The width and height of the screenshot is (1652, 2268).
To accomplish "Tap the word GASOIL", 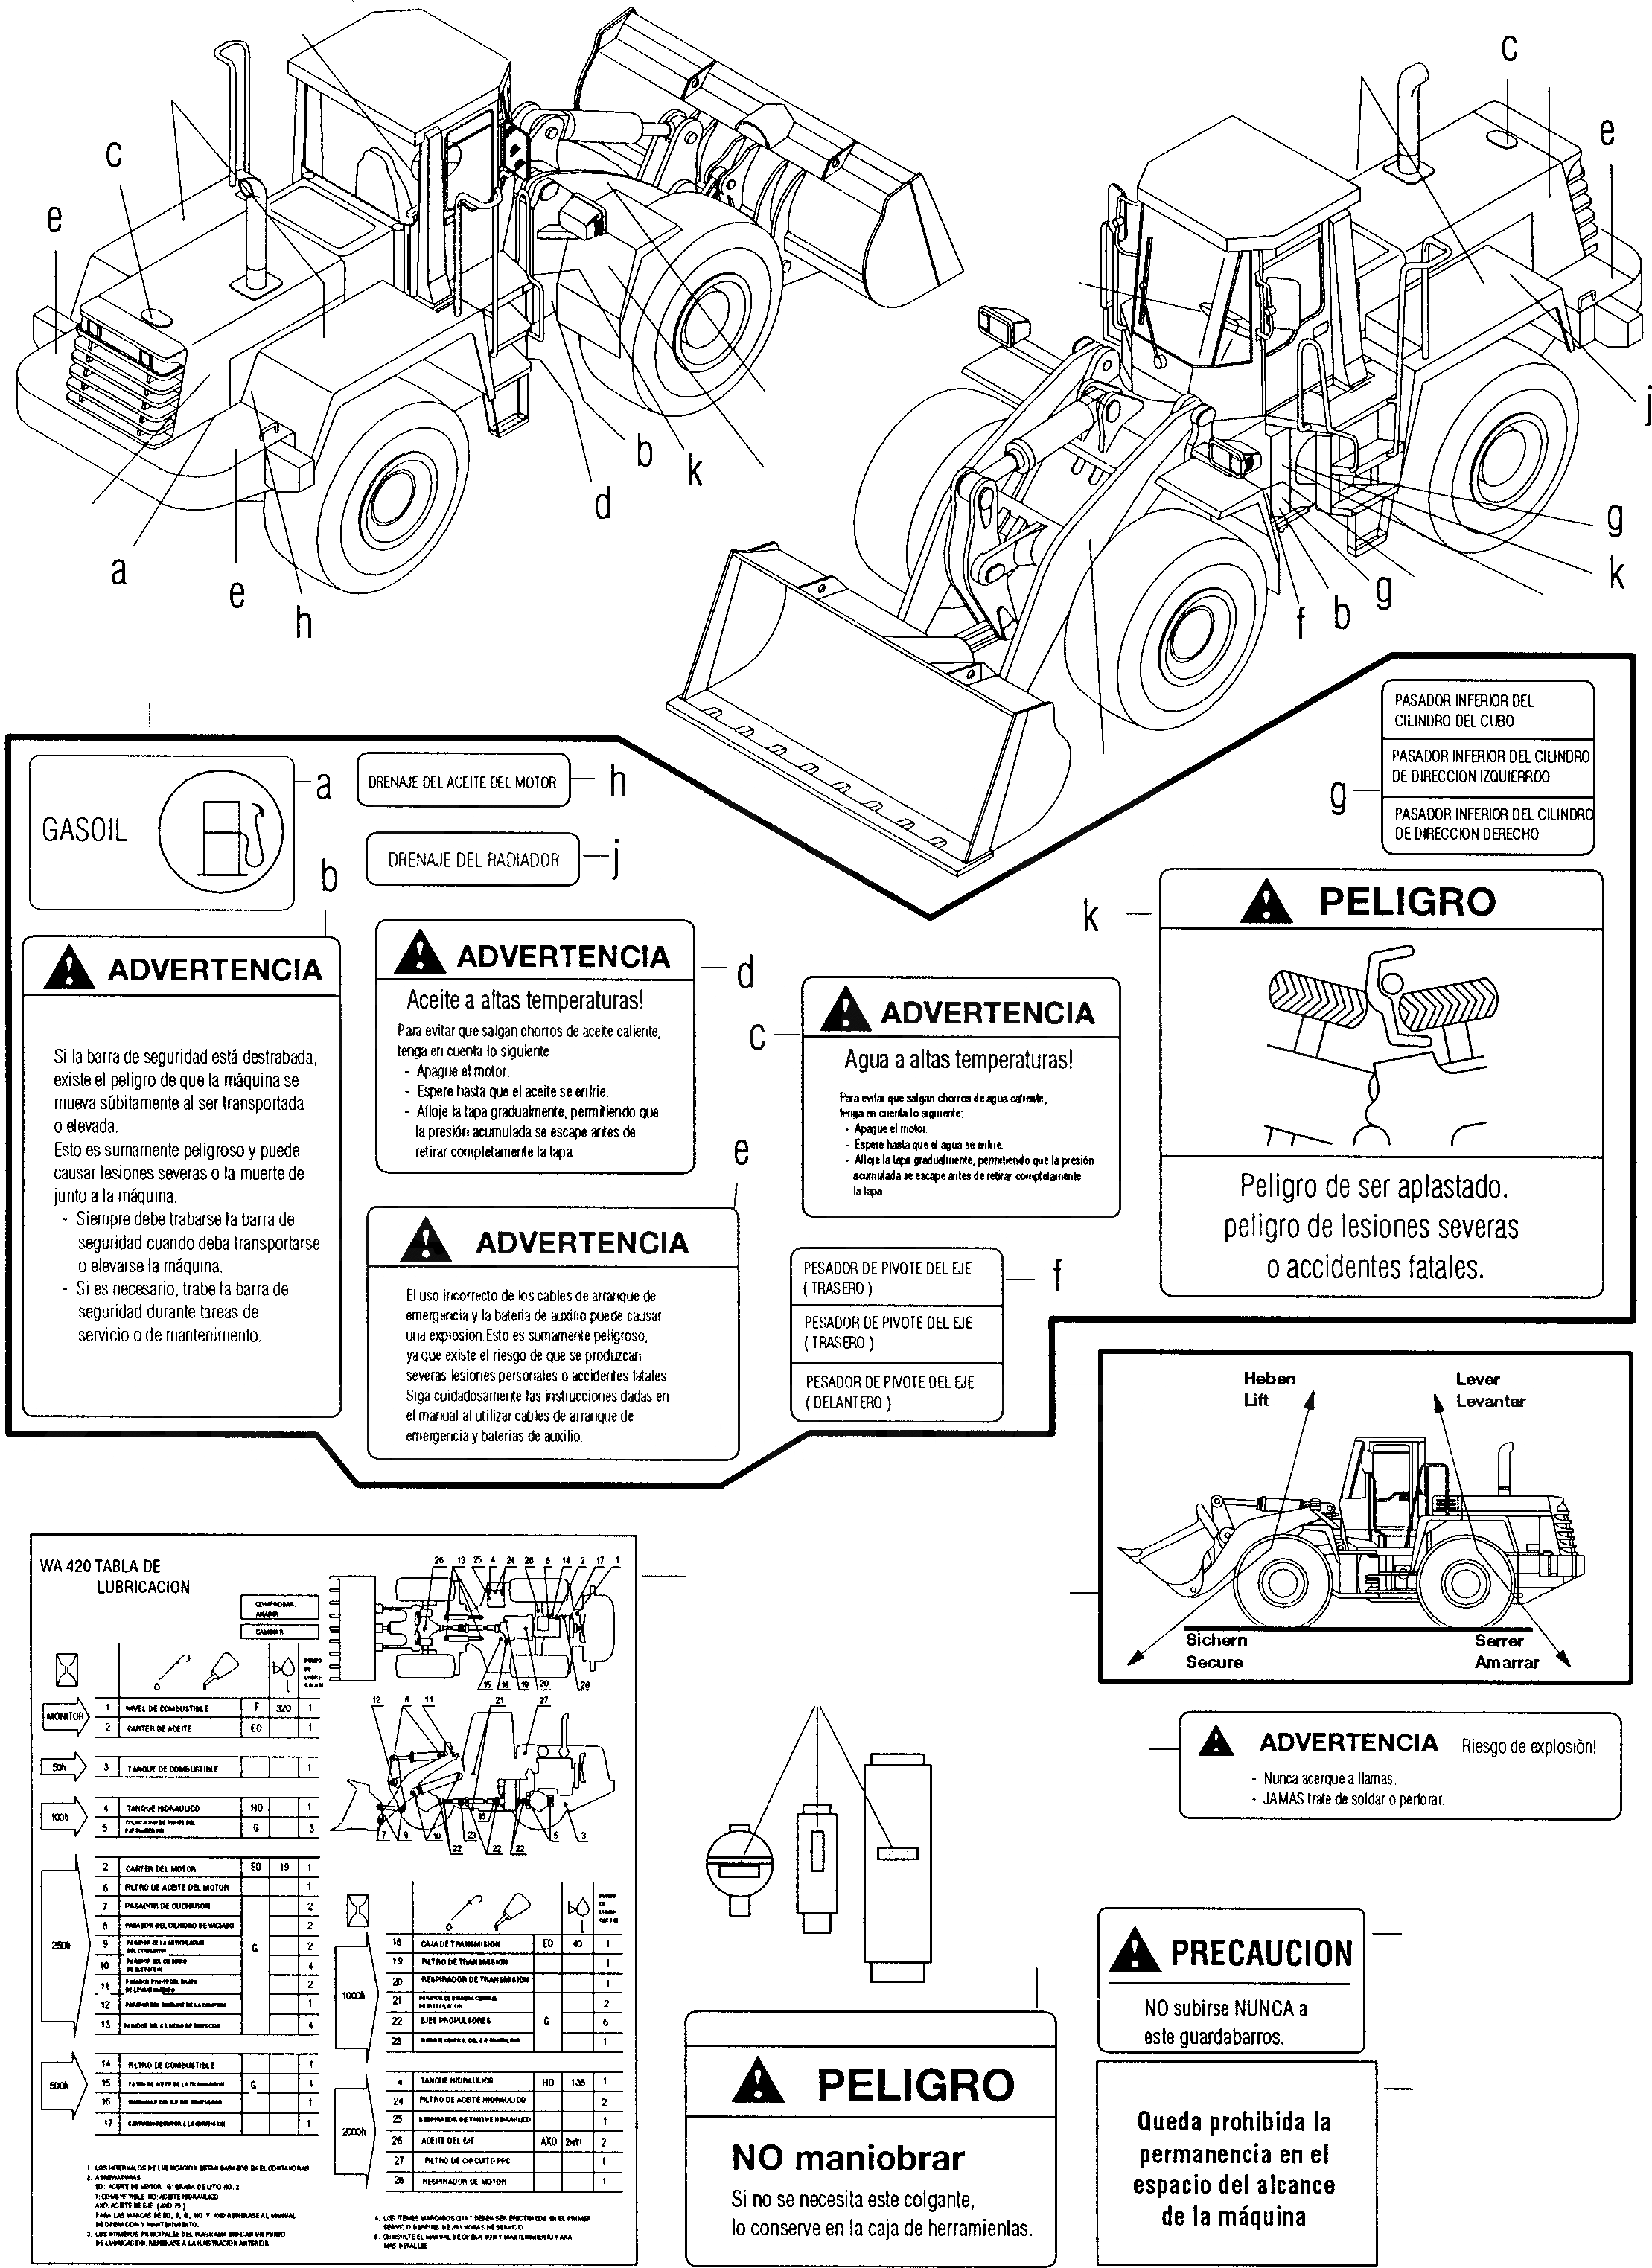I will point(85,830).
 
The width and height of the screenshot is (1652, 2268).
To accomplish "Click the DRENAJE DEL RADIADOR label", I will point(473,860).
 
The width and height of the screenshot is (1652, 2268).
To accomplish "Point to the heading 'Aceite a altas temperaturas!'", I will point(525,999).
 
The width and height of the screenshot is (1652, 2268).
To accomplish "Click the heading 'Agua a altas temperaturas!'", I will point(958,1059).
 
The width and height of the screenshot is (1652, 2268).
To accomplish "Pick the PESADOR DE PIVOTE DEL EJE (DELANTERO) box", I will point(895,1392).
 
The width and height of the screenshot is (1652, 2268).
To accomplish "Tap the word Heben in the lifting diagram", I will point(1269,1378).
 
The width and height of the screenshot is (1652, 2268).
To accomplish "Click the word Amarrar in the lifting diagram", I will point(1506,1662).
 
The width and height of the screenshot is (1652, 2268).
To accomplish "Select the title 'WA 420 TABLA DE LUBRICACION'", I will point(115,1576).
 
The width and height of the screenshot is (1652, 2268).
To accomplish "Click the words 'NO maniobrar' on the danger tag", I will point(848,2157).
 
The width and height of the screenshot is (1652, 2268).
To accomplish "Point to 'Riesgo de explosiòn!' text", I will point(1528,1747).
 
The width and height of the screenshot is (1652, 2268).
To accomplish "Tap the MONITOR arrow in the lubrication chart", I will point(65,1716).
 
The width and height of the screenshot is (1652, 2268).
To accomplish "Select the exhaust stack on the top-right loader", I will point(1409,125).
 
